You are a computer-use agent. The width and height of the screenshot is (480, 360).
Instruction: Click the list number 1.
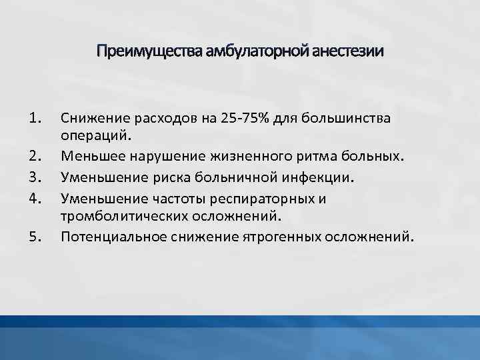(36, 119)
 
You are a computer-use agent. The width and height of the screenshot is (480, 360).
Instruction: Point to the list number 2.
(36, 157)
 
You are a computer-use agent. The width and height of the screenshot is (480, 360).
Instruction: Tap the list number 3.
(36, 177)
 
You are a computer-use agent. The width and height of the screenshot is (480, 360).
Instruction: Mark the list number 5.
(36, 235)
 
